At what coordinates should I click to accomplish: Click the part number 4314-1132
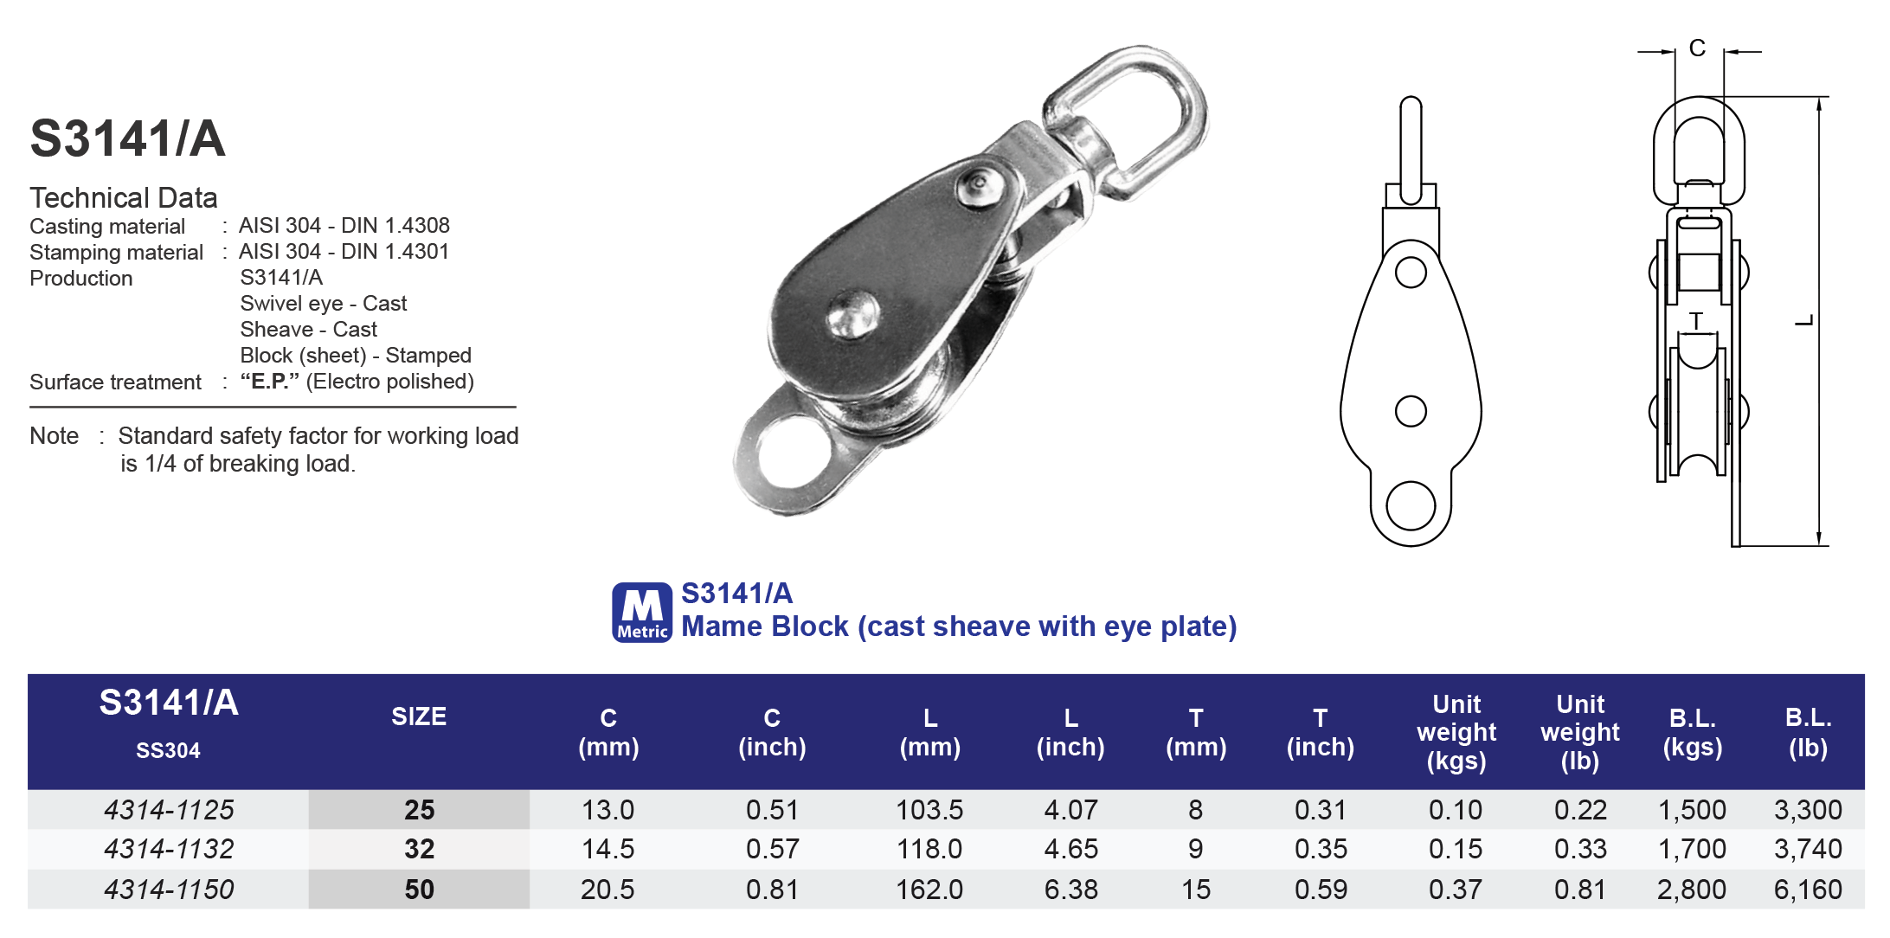pyautogui.click(x=169, y=849)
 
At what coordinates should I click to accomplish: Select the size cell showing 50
pyautogui.click(x=419, y=890)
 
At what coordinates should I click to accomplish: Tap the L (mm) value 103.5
pyautogui.click(x=929, y=810)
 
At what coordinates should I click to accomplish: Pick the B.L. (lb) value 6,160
pyautogui.click(x=1807, y=890)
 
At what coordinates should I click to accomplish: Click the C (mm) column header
pyautogui.click(x=608, y=732)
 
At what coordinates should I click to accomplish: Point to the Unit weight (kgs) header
pyautogui.click(x=1456, y=732)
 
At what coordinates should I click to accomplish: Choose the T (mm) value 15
pyautogui.click(x=1195, y=890)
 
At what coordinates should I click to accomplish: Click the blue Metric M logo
pyautogui.click(x=642, y=612)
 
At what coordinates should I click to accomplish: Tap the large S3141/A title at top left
pyautogui.click(x=128, y=138)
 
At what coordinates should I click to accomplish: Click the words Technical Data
pyautogui.click(x=124, y=198)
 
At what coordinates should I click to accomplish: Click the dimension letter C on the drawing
pyautogui.click(x=1697, y=48)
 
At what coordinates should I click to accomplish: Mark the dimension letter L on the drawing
pyautogui.click(x=1803, y=321)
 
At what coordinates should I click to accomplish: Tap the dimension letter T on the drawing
pyautogui.click(x=1696, y=321)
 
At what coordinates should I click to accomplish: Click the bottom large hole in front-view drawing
pyautogui.click(x=1411, y=505)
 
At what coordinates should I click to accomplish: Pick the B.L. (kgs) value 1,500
pyautogui.click(x=1691, y=810)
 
